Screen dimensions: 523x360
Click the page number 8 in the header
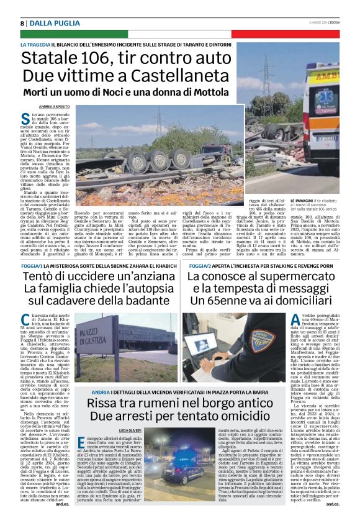pos(22,23)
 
